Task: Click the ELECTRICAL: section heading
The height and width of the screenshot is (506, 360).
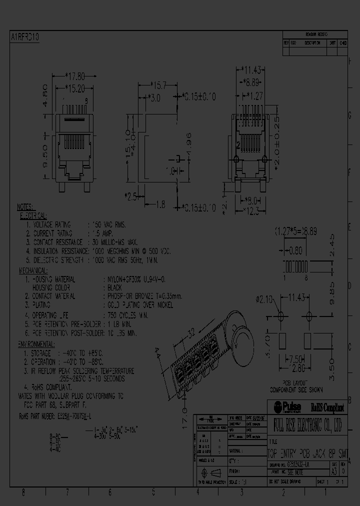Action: (x=33, y=215)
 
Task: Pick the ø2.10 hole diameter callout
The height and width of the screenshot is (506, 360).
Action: (x=264, y=300)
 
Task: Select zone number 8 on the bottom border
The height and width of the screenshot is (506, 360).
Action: (x=23, y=492)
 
